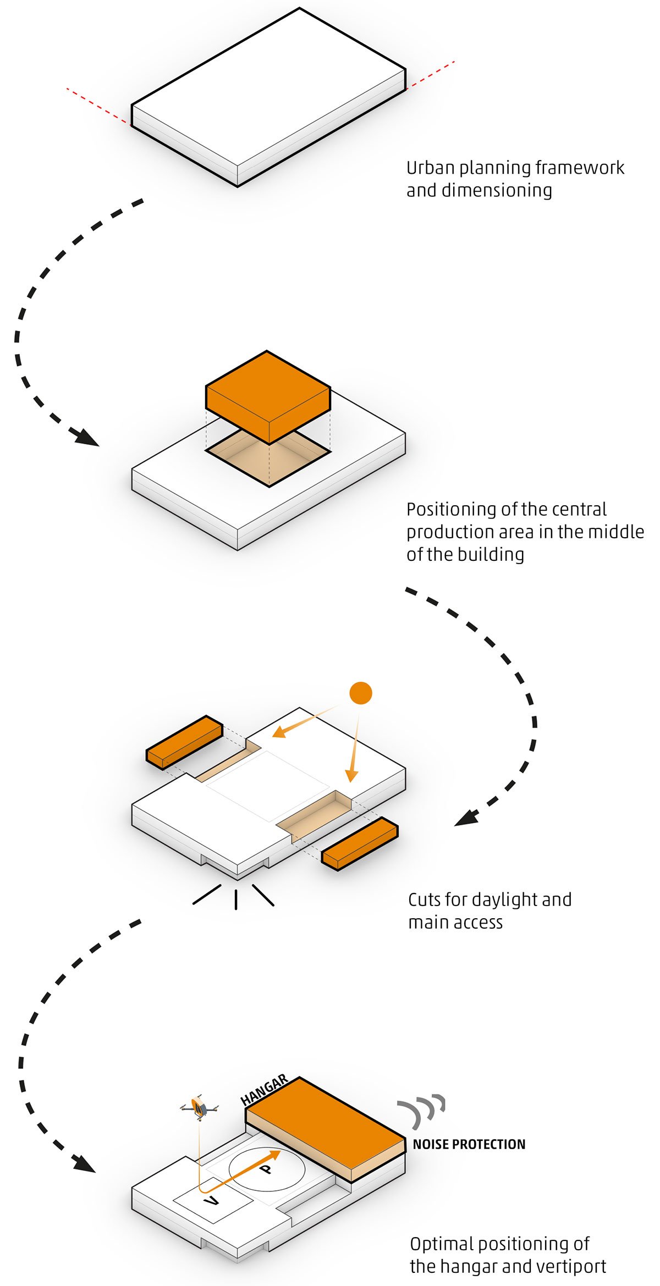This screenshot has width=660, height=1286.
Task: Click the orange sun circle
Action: (361, 693)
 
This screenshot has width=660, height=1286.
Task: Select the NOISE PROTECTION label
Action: (469, 1145)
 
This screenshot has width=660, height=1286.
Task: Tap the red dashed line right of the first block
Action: (431, 75)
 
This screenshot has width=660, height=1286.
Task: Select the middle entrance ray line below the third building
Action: (236, 899)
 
